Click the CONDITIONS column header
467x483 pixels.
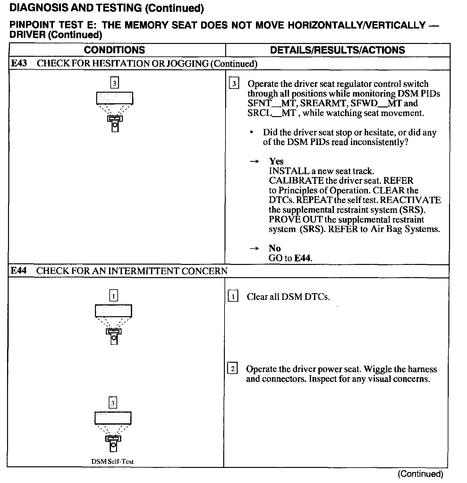pos(114,50)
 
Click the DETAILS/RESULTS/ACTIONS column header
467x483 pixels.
pos(337,50)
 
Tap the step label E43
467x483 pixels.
pos(19,63)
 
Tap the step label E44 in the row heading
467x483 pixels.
pos(19,271)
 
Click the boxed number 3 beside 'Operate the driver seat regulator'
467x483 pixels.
pos(234,84)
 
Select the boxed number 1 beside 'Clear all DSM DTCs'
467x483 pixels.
pos(233,297)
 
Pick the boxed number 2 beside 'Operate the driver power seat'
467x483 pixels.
pos(233,369)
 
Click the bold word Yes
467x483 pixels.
pos(276,161)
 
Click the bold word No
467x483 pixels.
pos(275,248)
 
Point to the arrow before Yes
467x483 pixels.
pos(254,161)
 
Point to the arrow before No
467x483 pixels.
pos(254,248)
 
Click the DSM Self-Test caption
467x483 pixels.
pos(112,462)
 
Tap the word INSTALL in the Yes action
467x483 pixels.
pos(285,171)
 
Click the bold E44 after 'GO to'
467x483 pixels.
pos(303,258)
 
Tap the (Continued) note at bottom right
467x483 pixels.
pos(420,474)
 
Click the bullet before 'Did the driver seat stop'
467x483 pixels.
pos(253,132)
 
